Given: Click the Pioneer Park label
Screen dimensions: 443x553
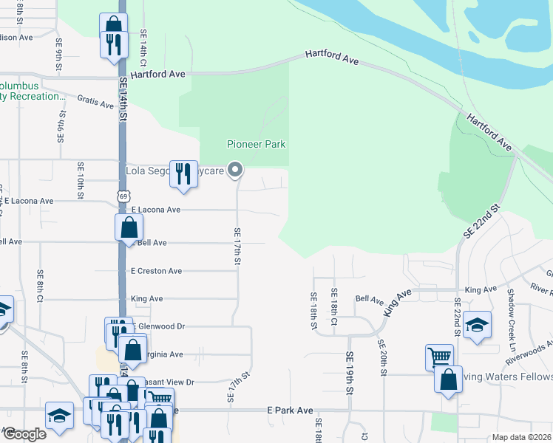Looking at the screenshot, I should [x=256, y=144].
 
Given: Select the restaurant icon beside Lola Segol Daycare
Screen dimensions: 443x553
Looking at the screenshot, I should [x=183, y=175].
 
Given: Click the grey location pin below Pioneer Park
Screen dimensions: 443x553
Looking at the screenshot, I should [x=235, y=171].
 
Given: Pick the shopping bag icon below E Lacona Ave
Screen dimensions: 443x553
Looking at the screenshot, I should [x=129, y=227].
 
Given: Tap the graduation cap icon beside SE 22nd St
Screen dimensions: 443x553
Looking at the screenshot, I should [x=478, y=326].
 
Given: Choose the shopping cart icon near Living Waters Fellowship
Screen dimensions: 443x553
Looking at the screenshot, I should [x=439, y=357].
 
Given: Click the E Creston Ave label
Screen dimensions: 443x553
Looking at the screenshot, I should [x=156, y=271].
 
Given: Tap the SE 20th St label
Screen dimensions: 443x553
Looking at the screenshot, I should [x=382, y=357].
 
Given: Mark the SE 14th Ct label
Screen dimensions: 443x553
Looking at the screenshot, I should [x=143, y=46].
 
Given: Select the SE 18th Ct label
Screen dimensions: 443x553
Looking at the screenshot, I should [x=334, y=306].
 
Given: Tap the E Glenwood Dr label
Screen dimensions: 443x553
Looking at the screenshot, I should [x=158, y=326].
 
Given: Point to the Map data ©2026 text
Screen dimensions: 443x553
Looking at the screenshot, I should [x=521, y=437].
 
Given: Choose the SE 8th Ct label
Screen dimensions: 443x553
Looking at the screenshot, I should [x=40, y=284].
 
